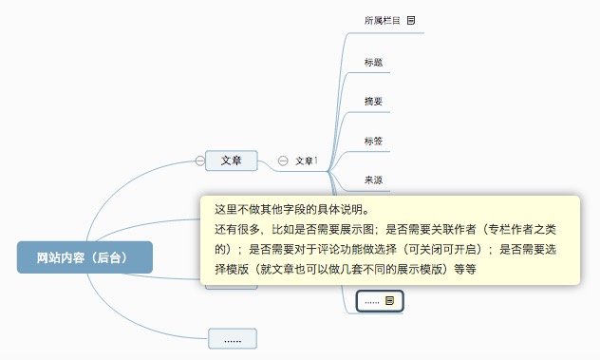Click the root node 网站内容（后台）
(84, 257)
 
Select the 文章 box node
(232, 161)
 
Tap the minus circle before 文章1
(283, 161)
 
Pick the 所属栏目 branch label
(382, 20)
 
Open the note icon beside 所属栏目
(411, 20)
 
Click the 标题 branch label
(373, 63)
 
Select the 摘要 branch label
(373, 101)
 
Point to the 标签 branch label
(373, 142)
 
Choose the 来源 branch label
(373, 180)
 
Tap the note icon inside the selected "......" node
(389, 300)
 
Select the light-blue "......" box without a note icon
(233, 338)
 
